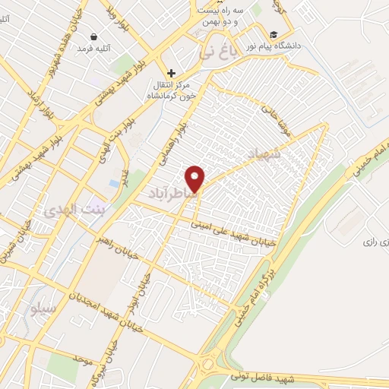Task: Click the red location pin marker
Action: [195, 179]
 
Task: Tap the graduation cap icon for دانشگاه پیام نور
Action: [273, 34]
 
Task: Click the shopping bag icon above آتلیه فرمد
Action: [93, 36]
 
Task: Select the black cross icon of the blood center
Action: [172, 74]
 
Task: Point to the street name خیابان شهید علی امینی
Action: [242, 231]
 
